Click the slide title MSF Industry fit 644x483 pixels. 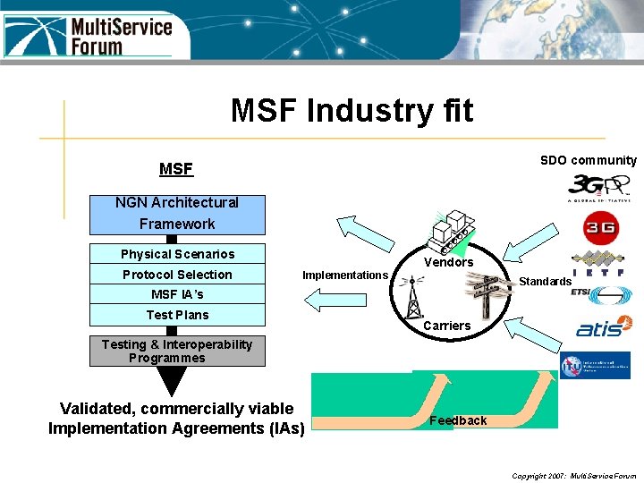pyautogui.click(x=352, y=111)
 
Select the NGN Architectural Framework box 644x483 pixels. pyautogui.click(x=177, y=214)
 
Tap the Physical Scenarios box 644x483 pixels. pyautogui.click(x=177, y=254)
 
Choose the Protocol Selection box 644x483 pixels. pyautogui.click(x=177, y=275)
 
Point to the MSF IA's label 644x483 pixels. pyautogui.click(x=177, y=294)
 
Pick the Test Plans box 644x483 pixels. pyautogui.click(x=177, y=315)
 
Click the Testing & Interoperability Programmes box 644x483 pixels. pyautogui.click(x=177, y=351)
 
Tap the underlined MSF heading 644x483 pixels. pyautogui.click(x=176, y=169)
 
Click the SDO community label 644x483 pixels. pyautogui.click(x=588, y=160)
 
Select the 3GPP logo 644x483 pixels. pyautogui.click(x=598, y=188)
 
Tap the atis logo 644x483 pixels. pyautogui.click(x=600, y=330)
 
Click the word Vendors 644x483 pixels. pyautogui.click(x=448, y=262)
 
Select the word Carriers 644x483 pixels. pyautogui.click(x=446, y=326)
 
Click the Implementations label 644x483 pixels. pyautogui.click(x=345, y=275)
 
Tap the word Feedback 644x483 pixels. pyautogui.click(x=458, y=420)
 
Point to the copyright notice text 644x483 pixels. pyautogui.click(x=573, y=476)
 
